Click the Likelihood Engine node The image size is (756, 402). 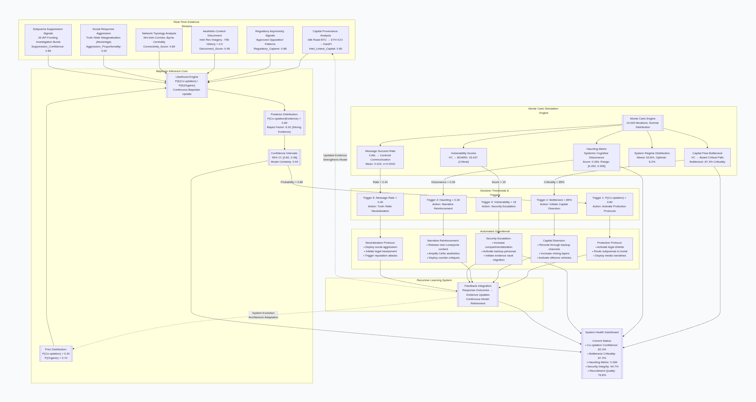point(187,86)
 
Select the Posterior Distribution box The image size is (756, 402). point(284,123)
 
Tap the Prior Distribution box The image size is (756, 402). point(56,353)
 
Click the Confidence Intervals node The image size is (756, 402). point(284,157)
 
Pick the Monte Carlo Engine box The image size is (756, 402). point(643,123)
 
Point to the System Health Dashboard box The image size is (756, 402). point(602,353)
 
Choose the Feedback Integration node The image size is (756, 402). point(478,295)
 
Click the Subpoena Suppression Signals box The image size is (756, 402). point(48,40)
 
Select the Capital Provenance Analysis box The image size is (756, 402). point(325,40)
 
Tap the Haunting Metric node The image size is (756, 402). point(596,157)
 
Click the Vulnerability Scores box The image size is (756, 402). point(463,157)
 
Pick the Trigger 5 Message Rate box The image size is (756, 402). point(380,204)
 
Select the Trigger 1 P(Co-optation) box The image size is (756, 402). point(609,204)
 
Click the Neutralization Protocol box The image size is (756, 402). point(380,249)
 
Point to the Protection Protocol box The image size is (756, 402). point(609,249)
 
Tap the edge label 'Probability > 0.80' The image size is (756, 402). point(291,182)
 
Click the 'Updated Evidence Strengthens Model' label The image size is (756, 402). point(335,157)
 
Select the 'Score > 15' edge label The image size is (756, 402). point(498,182)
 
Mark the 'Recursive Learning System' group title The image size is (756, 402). point(434,280)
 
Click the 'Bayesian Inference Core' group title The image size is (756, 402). point(172,71)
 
